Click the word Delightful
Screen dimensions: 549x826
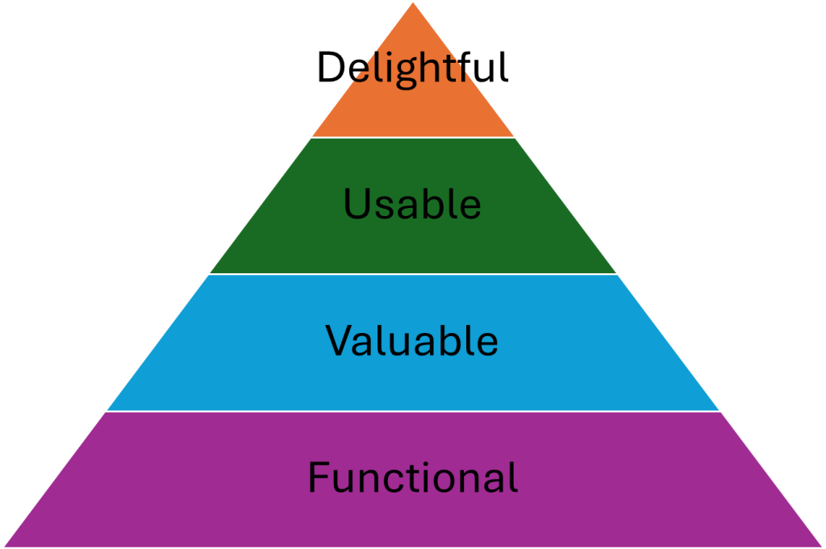click(412, 68)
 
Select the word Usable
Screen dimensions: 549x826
click(412, 204)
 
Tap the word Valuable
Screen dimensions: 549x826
click(412, 340)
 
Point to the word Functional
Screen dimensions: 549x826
click(412, 478)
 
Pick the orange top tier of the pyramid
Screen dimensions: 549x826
click(413, 113)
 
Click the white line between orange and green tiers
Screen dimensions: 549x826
click(413, 137)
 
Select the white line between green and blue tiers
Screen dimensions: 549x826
click(413, 274)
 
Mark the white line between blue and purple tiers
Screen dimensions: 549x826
click(413, 411)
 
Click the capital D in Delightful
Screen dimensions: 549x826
click(329, 68)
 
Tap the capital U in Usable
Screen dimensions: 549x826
click(355, 205)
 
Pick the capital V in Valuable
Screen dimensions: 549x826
click(338, 341)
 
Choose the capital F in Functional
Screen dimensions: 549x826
click(318, 478)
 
